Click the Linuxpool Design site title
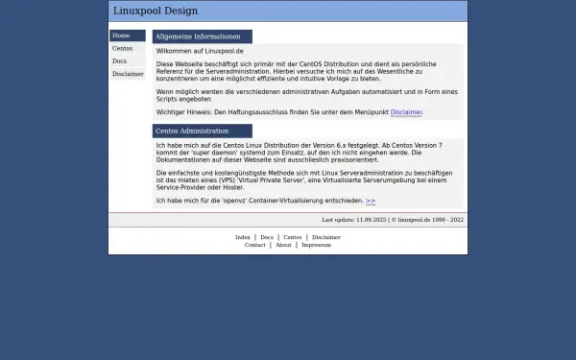point(156,12)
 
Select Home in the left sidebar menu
point(121,36)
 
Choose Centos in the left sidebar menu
point(122,48)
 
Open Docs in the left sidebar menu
point(119,60)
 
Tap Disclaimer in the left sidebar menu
point(128,73)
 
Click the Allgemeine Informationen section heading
point(198,36)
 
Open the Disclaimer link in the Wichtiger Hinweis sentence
point(406,112)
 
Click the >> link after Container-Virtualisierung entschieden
point(371,202)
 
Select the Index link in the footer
point(243,237)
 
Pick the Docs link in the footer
point(267,237)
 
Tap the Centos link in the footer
point(293,237)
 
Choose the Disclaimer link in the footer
point(325,237)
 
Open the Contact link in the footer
point(254,245)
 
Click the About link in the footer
point(283,245)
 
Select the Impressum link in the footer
point(316,245)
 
